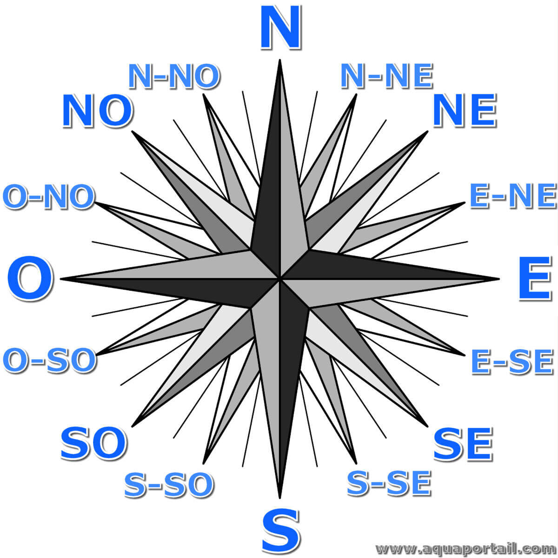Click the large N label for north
(x=280, y=27)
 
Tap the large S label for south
(x=280, y=531)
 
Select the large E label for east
(x=535, y=279)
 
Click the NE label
(x=465, y=110)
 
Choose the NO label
(x=97, y=110)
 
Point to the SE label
(x=463, y=444)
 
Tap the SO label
(x=93, y=443)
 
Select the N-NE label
(x=387, y=76)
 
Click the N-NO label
(x=174, y=76)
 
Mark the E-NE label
(x=513, y=196)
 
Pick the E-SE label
(x=512, y=362)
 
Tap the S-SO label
(x=169, y=485)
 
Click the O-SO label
(x=49, y=361)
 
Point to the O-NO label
(x=49, y=196)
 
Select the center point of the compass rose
(x=280, y=279)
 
